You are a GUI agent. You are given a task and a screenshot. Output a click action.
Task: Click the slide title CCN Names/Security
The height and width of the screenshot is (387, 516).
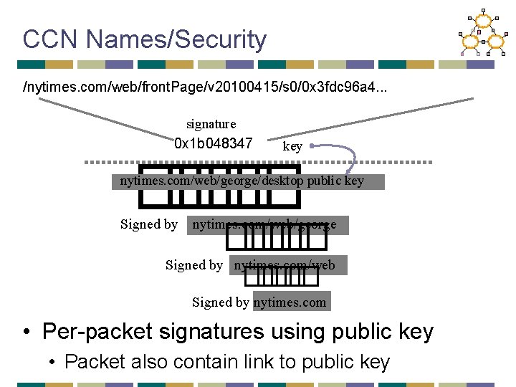[x=144, y=39]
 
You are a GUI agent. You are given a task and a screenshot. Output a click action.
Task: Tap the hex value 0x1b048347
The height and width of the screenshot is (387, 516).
[x=214, y=143]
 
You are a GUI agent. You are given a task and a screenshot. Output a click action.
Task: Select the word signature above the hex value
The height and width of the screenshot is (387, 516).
[x=211, y=124]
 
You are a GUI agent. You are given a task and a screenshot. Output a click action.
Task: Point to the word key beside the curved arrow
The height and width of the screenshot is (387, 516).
[x=292, y=147]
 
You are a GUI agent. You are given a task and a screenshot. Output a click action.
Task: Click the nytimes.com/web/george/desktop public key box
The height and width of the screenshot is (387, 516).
[x=249, y=181]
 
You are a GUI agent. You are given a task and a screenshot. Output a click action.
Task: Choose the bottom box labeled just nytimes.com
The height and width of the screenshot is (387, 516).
[x=291, y=302]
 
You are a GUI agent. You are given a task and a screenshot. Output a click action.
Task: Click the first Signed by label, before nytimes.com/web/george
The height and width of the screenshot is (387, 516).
[x=149, y=224]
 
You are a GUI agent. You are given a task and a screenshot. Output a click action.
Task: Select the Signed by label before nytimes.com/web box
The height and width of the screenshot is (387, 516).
[x=194, y=265]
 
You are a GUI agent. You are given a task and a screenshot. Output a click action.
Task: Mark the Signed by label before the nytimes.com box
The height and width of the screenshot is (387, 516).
[x=221, y=302]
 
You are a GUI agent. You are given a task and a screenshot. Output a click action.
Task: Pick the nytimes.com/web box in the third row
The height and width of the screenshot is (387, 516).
[x=288, y=265]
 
